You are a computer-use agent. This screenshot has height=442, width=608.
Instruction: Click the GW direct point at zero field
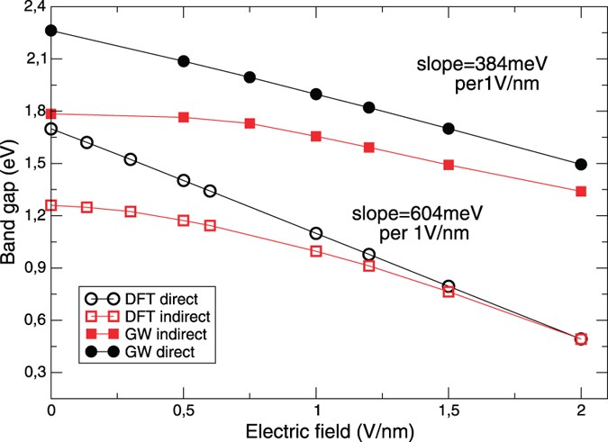point(51,30)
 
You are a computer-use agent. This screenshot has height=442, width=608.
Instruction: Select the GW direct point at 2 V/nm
point(581,165)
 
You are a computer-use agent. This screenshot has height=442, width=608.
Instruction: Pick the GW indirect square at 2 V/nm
point(581,191)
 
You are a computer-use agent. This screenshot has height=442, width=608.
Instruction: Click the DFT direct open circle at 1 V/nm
point(316,233)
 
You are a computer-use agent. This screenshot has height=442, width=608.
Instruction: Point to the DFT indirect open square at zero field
point(51,205)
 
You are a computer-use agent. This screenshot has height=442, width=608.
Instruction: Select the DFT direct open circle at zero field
point(51,129)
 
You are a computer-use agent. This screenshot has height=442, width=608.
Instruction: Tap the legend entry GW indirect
point(144,332)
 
